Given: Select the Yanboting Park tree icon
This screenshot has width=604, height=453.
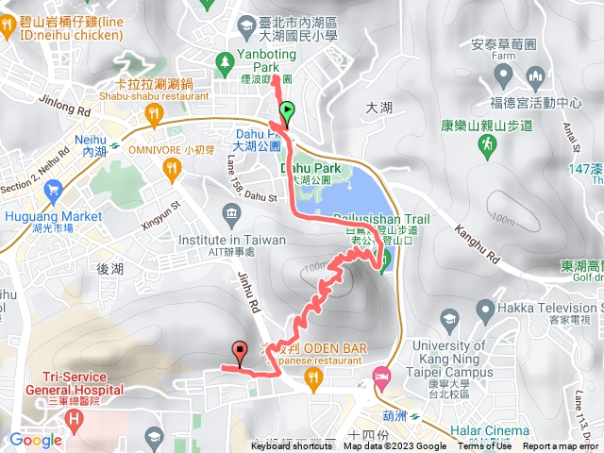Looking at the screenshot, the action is (225, 63).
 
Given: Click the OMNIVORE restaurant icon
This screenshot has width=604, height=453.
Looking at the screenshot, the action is (172, 168).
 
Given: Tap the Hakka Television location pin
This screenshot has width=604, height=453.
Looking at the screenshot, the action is (485, 309).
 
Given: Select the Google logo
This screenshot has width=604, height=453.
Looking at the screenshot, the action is (35, 440).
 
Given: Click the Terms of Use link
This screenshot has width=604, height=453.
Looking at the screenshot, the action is (485, 447).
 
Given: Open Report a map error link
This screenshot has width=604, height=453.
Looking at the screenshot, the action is (562, 447).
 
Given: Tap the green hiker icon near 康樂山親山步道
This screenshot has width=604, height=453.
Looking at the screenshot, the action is (487, 145).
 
